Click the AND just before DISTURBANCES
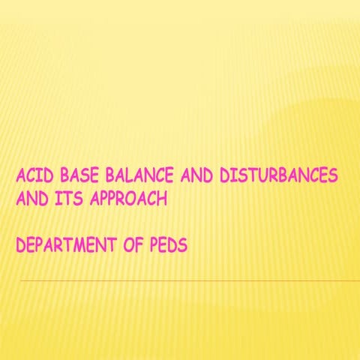(197, 178)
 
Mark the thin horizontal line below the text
(187, 280)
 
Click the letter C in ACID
(31, 178)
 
